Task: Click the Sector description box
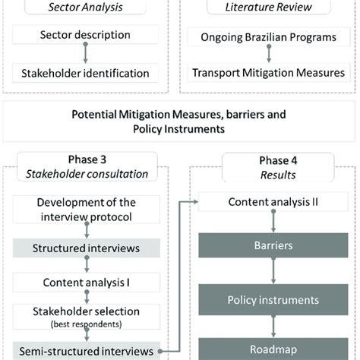coord(85,35)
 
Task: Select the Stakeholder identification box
coord(85,73)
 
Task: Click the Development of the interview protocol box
coord(85,210)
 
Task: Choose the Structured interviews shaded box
coord(85,247)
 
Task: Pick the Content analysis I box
coord(85,283)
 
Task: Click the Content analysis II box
coord(273,203)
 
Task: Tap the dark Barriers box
coord(273,246)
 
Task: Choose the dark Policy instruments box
coord(273,300)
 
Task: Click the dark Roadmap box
coord(273,351)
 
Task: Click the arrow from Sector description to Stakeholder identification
coord(86,53)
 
